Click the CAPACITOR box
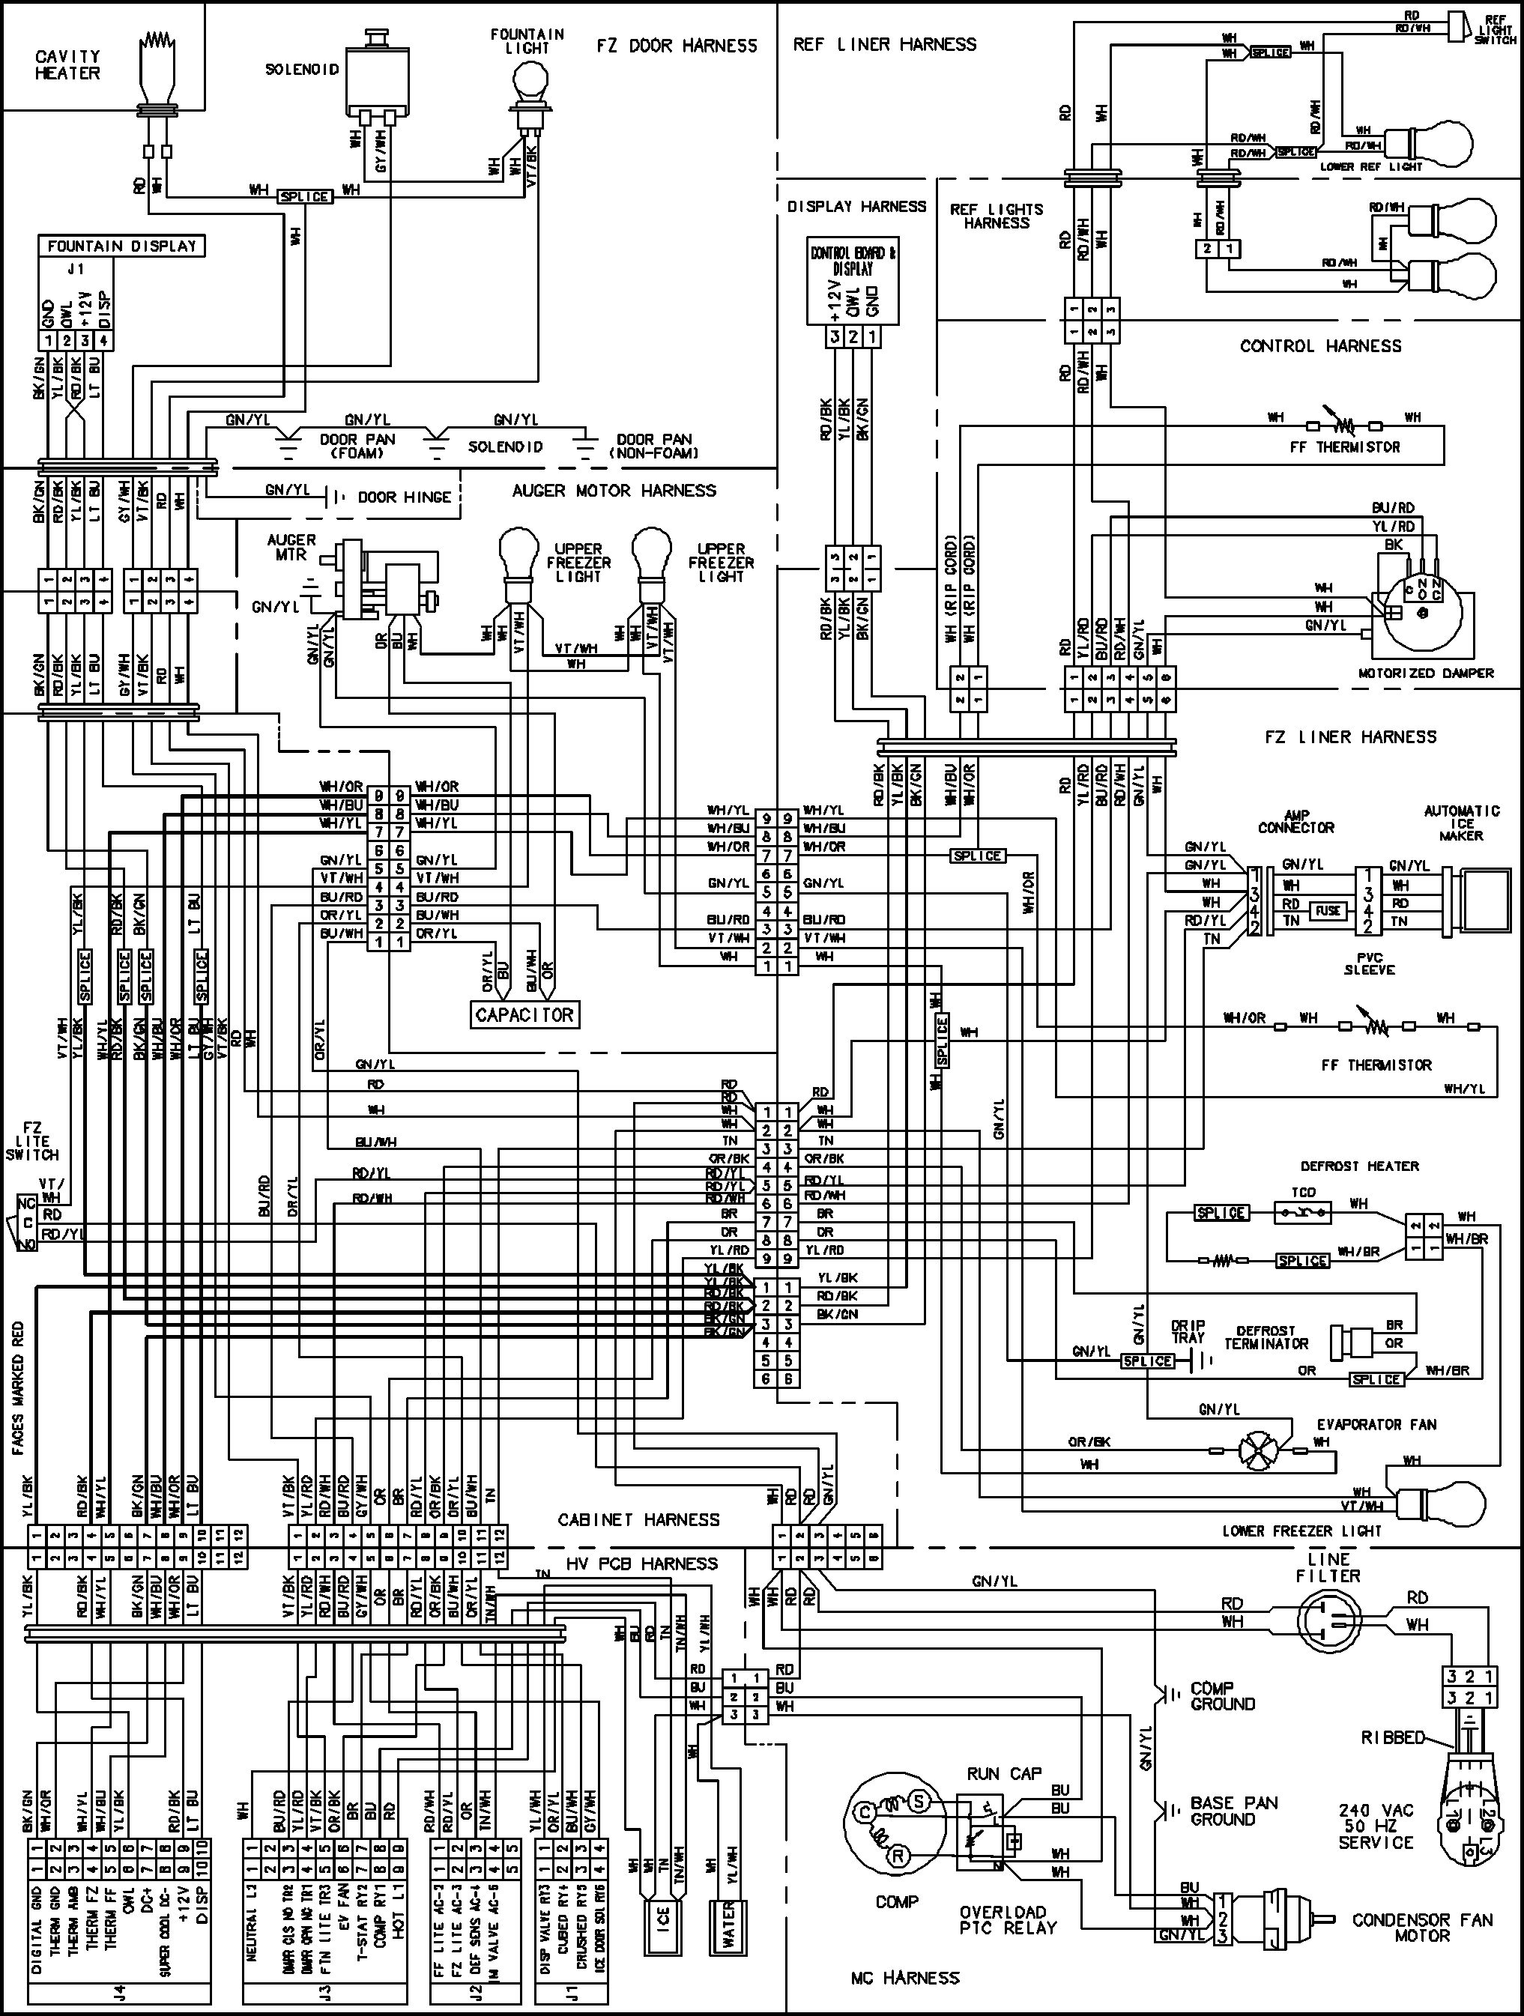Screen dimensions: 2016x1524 pyautogui.click(x=524, y=1014)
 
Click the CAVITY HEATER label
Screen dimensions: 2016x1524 pyautogui.click(x=67, y=64)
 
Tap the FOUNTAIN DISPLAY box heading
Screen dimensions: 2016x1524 pyautogui.click(x=122, y=246)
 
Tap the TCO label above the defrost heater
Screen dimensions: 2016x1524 pyautogui.click(x=1304, y=1192)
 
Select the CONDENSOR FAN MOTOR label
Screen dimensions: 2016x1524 pyautogui.click(x=1422, y=1928)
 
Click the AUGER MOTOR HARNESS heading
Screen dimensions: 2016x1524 pyautogui.click(x=614, y=491)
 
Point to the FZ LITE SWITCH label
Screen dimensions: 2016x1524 pyautogui.click(x=32, y=1141)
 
